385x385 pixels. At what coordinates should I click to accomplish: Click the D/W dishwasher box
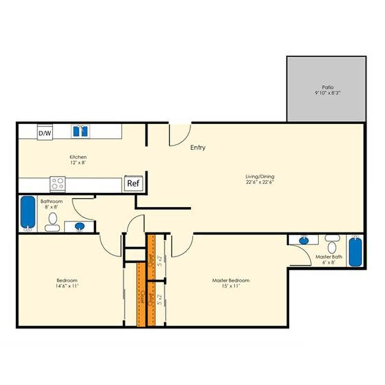tap(45, 133)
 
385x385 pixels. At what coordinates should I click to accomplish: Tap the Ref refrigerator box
tap(133, 184)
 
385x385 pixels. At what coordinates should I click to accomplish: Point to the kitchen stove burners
tap(58, 184)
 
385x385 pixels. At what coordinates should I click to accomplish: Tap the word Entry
tap(198, 148)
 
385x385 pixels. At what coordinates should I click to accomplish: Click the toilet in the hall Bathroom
tap(53, 222)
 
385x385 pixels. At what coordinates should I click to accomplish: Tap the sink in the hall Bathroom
tap(80, 226)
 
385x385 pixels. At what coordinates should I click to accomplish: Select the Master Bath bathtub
tap(355, 252)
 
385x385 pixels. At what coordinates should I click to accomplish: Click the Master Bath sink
tap(303, 240)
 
